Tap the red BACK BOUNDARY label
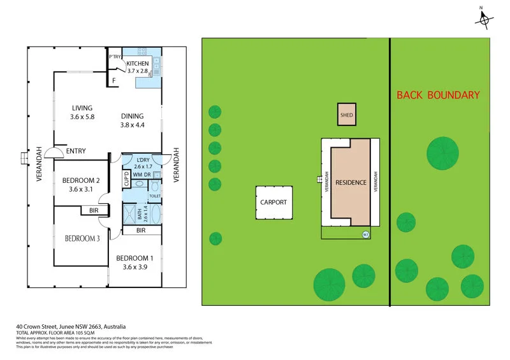[x=438, y=95]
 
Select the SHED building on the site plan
[x=346, y=115]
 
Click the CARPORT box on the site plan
[x=273, y=202]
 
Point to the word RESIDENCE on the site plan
[x=351, y=182]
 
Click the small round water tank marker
[x=366, y=234]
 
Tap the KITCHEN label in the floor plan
[x=137, y=64]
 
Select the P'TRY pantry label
[x=115, y=57]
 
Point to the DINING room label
[x=132, y=116]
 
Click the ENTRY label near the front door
[x=75, y=151]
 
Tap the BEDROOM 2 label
[x=82, y=180]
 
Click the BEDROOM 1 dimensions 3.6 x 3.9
[x=135, y=267]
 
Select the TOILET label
[x=154, y=196]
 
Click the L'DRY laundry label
[x=143, y=160]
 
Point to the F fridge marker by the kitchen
[x=114, y=81]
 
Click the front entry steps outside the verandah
[x=24, y=157]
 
